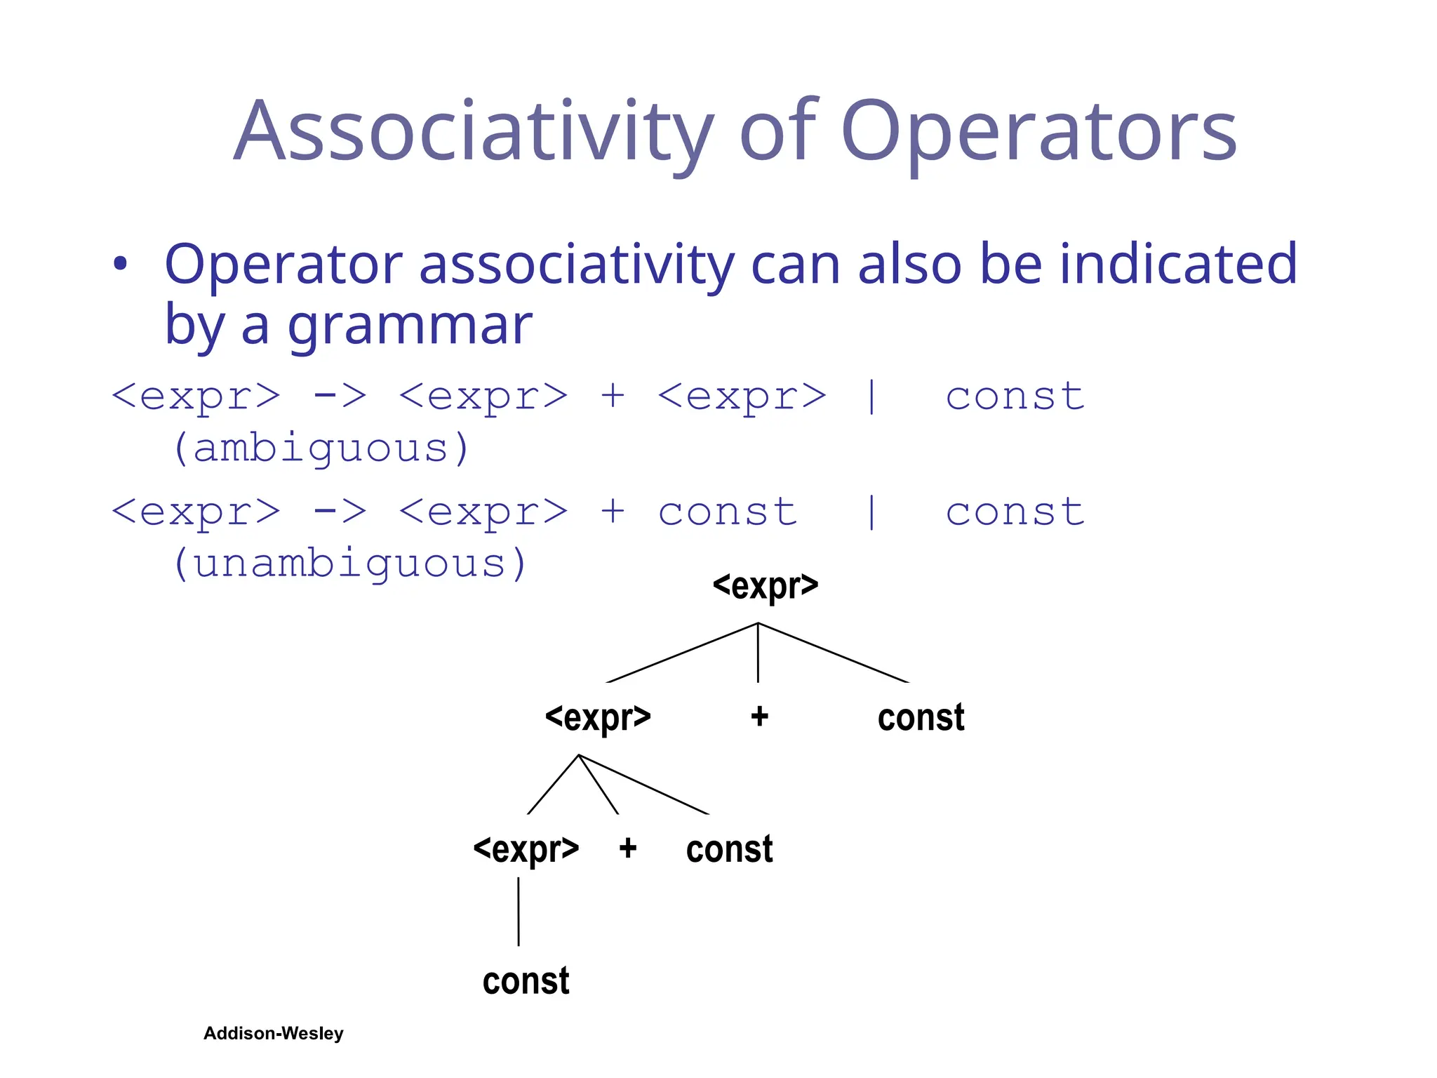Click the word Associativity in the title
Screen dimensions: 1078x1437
pos(474,132)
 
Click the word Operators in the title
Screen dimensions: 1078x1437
pos(1038,132)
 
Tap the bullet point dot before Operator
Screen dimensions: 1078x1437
pos(121,264)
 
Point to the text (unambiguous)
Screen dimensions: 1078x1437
pos(349,564)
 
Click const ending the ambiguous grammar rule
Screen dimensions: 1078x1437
pos(1015,397)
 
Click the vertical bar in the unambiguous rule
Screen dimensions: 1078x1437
pos(871,512)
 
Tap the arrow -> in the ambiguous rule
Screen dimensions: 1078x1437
pos(340,397)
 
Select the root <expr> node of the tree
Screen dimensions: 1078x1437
pos(765,585)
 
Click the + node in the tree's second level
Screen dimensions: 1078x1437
pos(759,717)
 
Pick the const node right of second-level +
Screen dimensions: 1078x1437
pos(921,717)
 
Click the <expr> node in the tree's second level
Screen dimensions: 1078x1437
pos(598,717)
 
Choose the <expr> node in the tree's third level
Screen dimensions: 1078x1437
pos(526,849)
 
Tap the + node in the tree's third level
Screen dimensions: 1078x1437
pos(627,849)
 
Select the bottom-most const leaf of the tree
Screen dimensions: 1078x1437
pos(526,981)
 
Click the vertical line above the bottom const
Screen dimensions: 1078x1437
pos(519,911)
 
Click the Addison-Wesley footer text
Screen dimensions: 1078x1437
pos(273,1033)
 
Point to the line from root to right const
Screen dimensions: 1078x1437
pos(834,653)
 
